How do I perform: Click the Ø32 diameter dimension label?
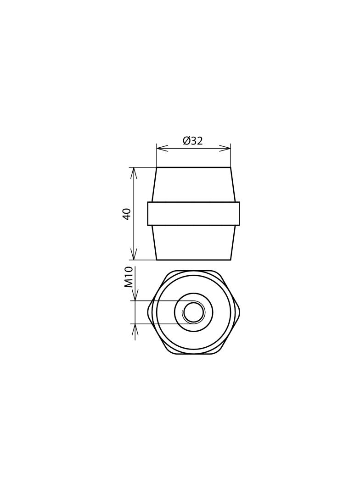click(x=193, y=141)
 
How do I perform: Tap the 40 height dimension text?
click(x=127, y=214)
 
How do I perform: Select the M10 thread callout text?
click(x=129, y=277)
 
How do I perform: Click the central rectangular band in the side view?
click(x=193, y=214)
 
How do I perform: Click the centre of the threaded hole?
click(x=194, y=312)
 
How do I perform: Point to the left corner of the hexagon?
click(x=148, y=312)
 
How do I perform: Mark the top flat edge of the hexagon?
click(x=193, y=271)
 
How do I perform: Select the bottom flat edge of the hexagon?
click(x=193, y=354)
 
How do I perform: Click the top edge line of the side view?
click(x=193, y=167)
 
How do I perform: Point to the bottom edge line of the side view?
click(x=193, y=260)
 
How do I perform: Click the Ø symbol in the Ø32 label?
click(x=186, y=141)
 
